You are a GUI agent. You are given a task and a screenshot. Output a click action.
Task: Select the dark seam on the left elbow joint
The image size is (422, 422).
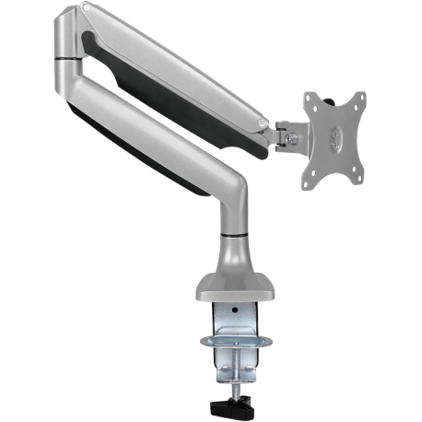tap(66, 60)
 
